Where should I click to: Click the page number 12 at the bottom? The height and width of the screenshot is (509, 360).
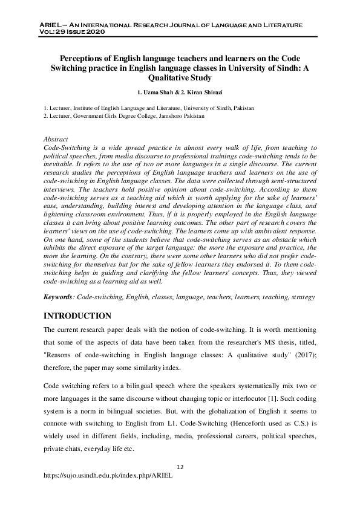(180, 467)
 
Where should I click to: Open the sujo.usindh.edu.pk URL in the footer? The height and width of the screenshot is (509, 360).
(108, 476)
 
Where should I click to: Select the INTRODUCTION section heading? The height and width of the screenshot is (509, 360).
(78, 316)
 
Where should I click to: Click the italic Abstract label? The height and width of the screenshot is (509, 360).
(56, 139)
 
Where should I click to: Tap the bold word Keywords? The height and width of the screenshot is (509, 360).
(59, 298)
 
